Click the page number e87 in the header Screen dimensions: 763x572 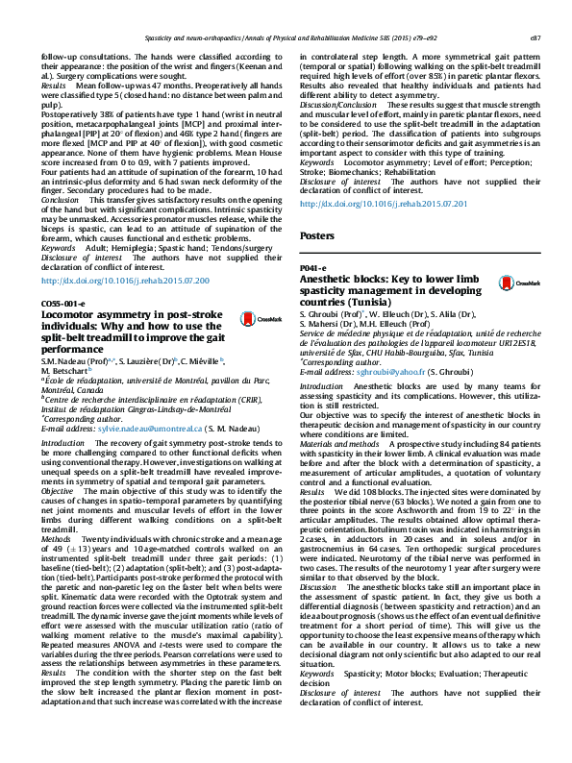coord(535,38)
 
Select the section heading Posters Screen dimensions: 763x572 coord(316,235)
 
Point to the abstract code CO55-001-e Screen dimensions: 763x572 coord(62,305)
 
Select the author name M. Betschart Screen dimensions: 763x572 coord(65,369)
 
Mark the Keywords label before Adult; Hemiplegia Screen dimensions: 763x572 coord(59,247)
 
